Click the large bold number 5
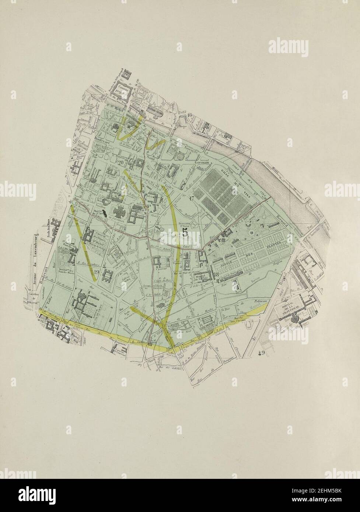coord(185,232)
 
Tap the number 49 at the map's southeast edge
coord(262,353)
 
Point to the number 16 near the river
coord(190,115)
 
